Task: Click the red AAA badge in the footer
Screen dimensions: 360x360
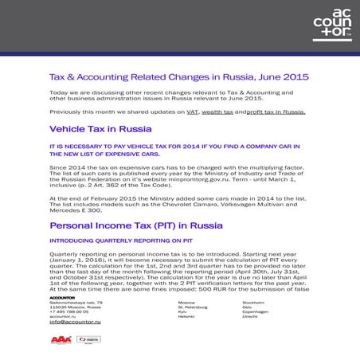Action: pyautogui.click(x=61, y=338)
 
